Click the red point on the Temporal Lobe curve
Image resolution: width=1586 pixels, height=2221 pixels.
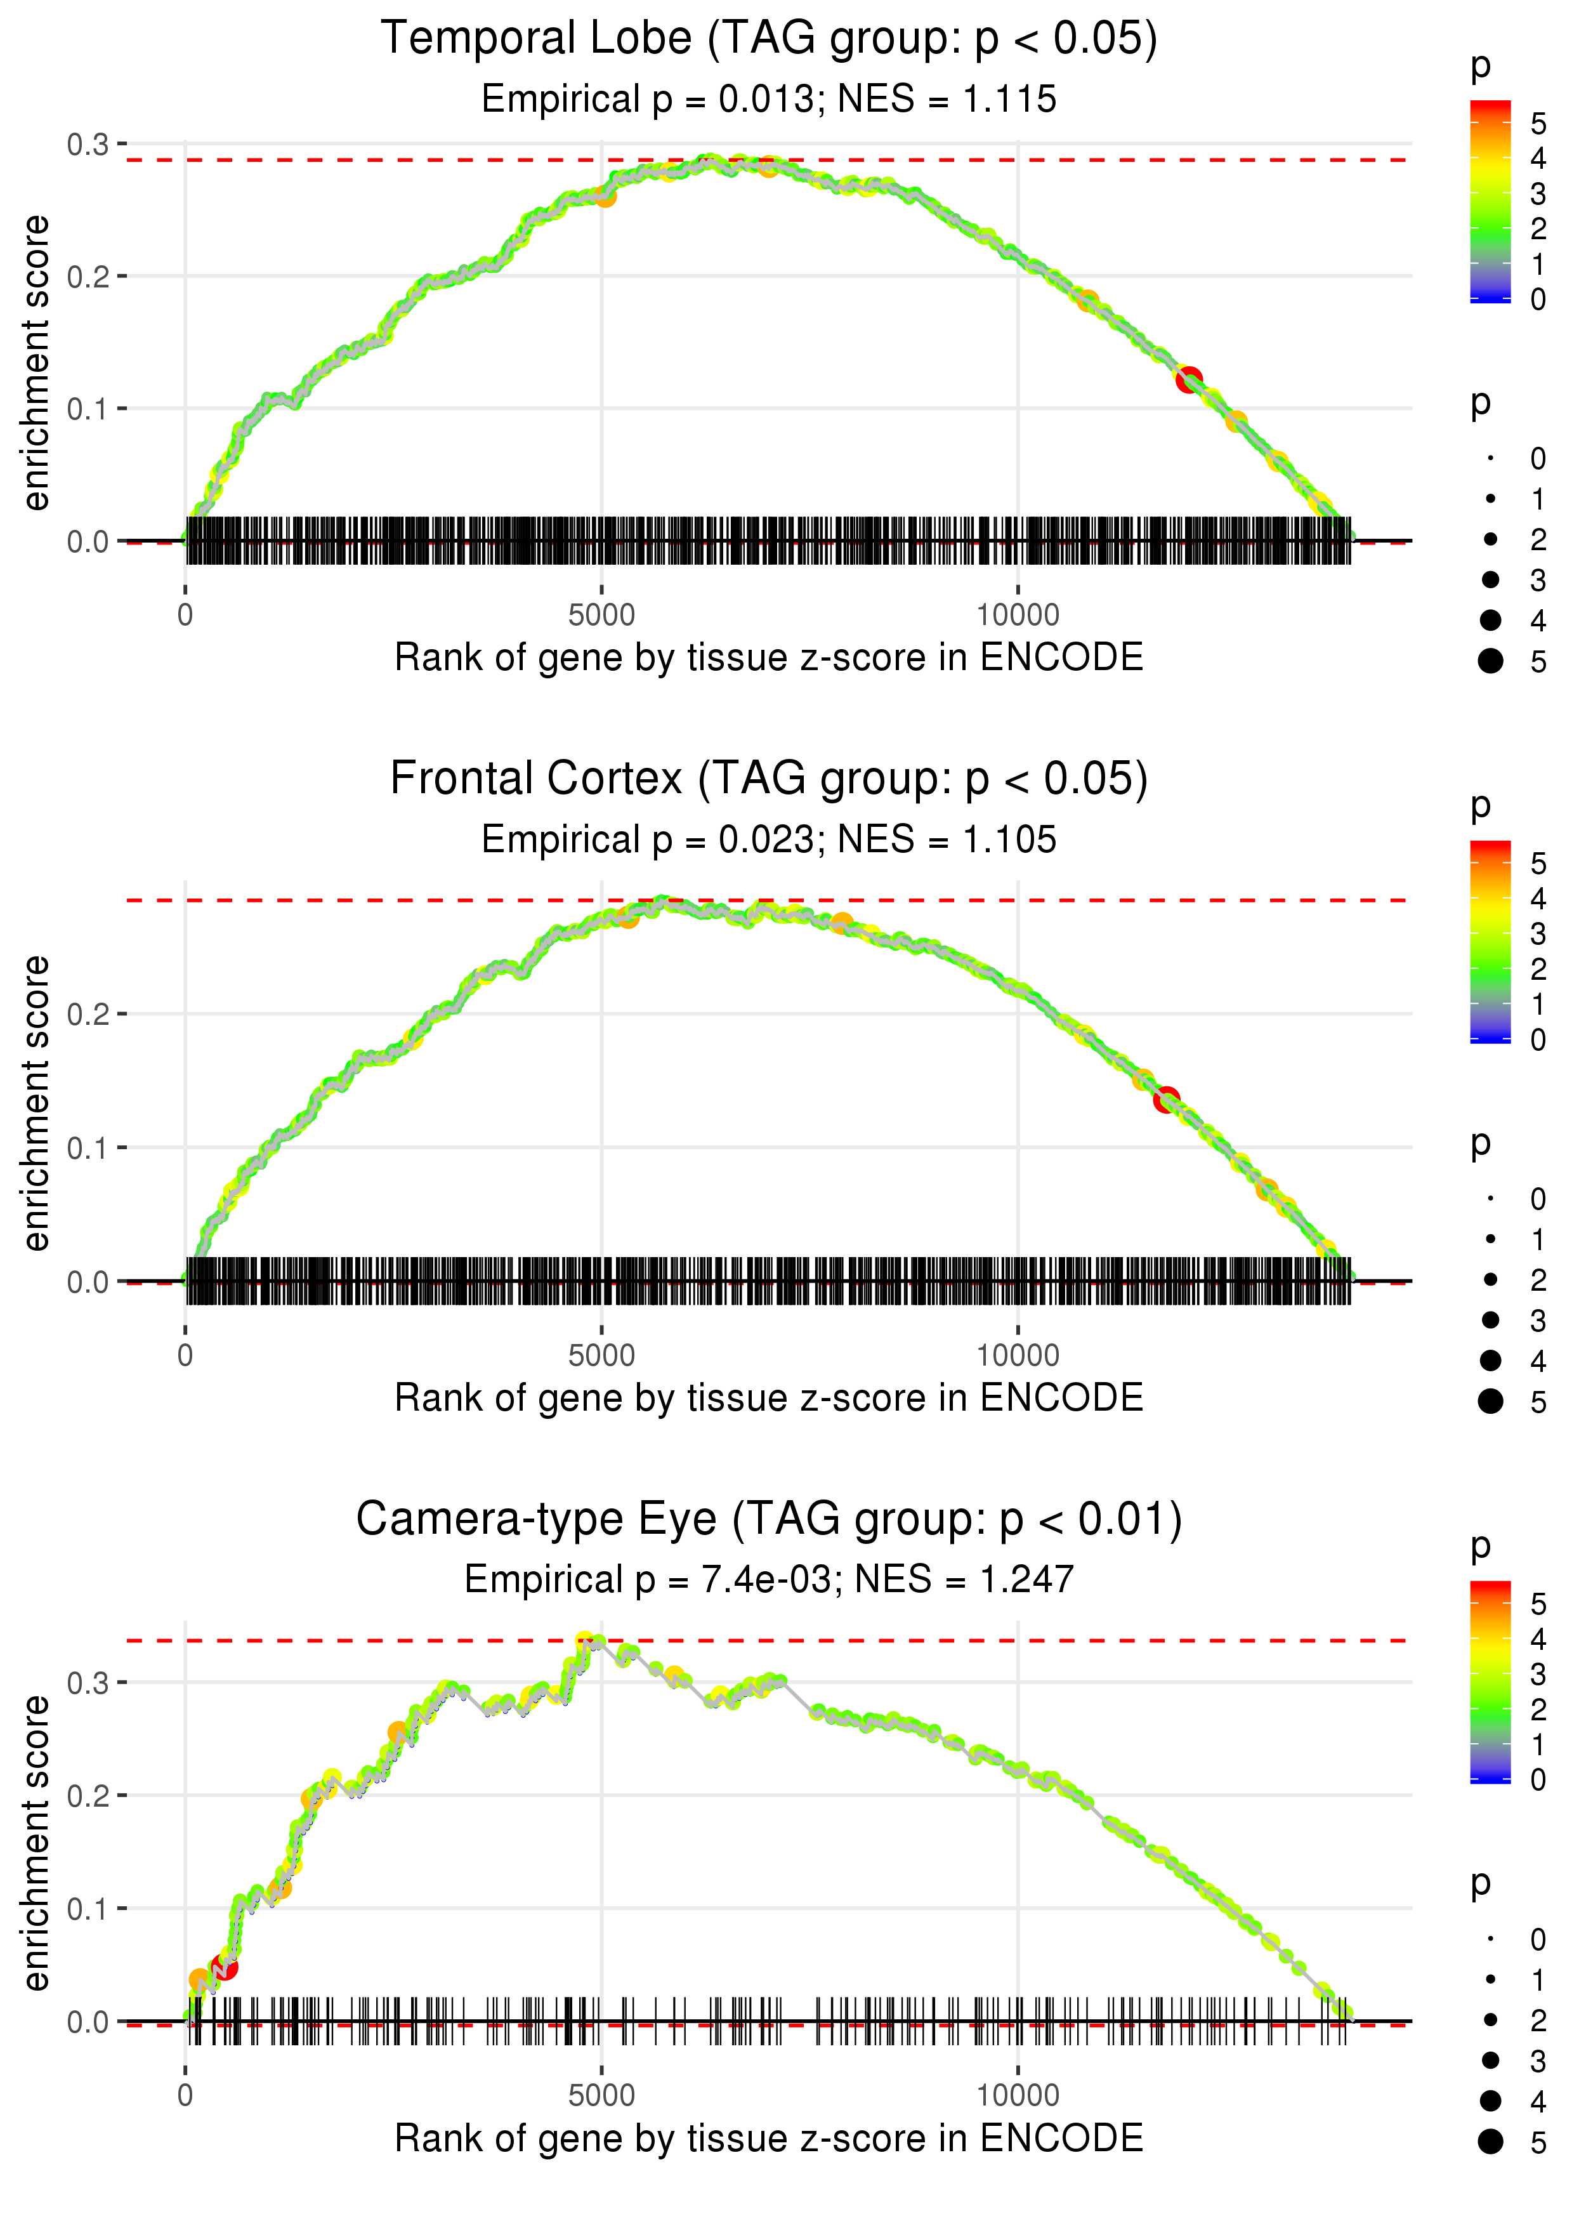click(1188, 380)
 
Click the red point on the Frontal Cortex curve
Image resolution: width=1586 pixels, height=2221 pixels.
click(1166, 1101)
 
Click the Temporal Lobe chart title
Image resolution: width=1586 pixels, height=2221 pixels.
click(769, 39)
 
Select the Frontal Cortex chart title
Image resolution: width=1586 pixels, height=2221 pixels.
click(769, 779)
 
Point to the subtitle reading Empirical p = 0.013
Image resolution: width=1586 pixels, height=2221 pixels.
click(769, 100)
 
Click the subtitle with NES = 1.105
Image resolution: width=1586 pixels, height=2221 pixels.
click(769, 840)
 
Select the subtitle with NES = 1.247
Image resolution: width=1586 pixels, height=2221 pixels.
click(769, 1579)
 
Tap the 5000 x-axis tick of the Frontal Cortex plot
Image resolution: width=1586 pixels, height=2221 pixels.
click(601, 1355)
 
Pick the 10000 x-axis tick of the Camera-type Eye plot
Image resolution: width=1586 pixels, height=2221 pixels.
click(1018, 2096)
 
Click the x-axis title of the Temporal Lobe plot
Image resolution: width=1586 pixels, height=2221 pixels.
click(769, 657)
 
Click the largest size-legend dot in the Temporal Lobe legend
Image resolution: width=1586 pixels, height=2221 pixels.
click(1490, 661)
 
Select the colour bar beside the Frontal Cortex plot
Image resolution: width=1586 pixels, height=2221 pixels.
click(1490, 940)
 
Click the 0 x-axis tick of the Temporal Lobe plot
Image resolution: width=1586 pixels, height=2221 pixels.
click(185, 616)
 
